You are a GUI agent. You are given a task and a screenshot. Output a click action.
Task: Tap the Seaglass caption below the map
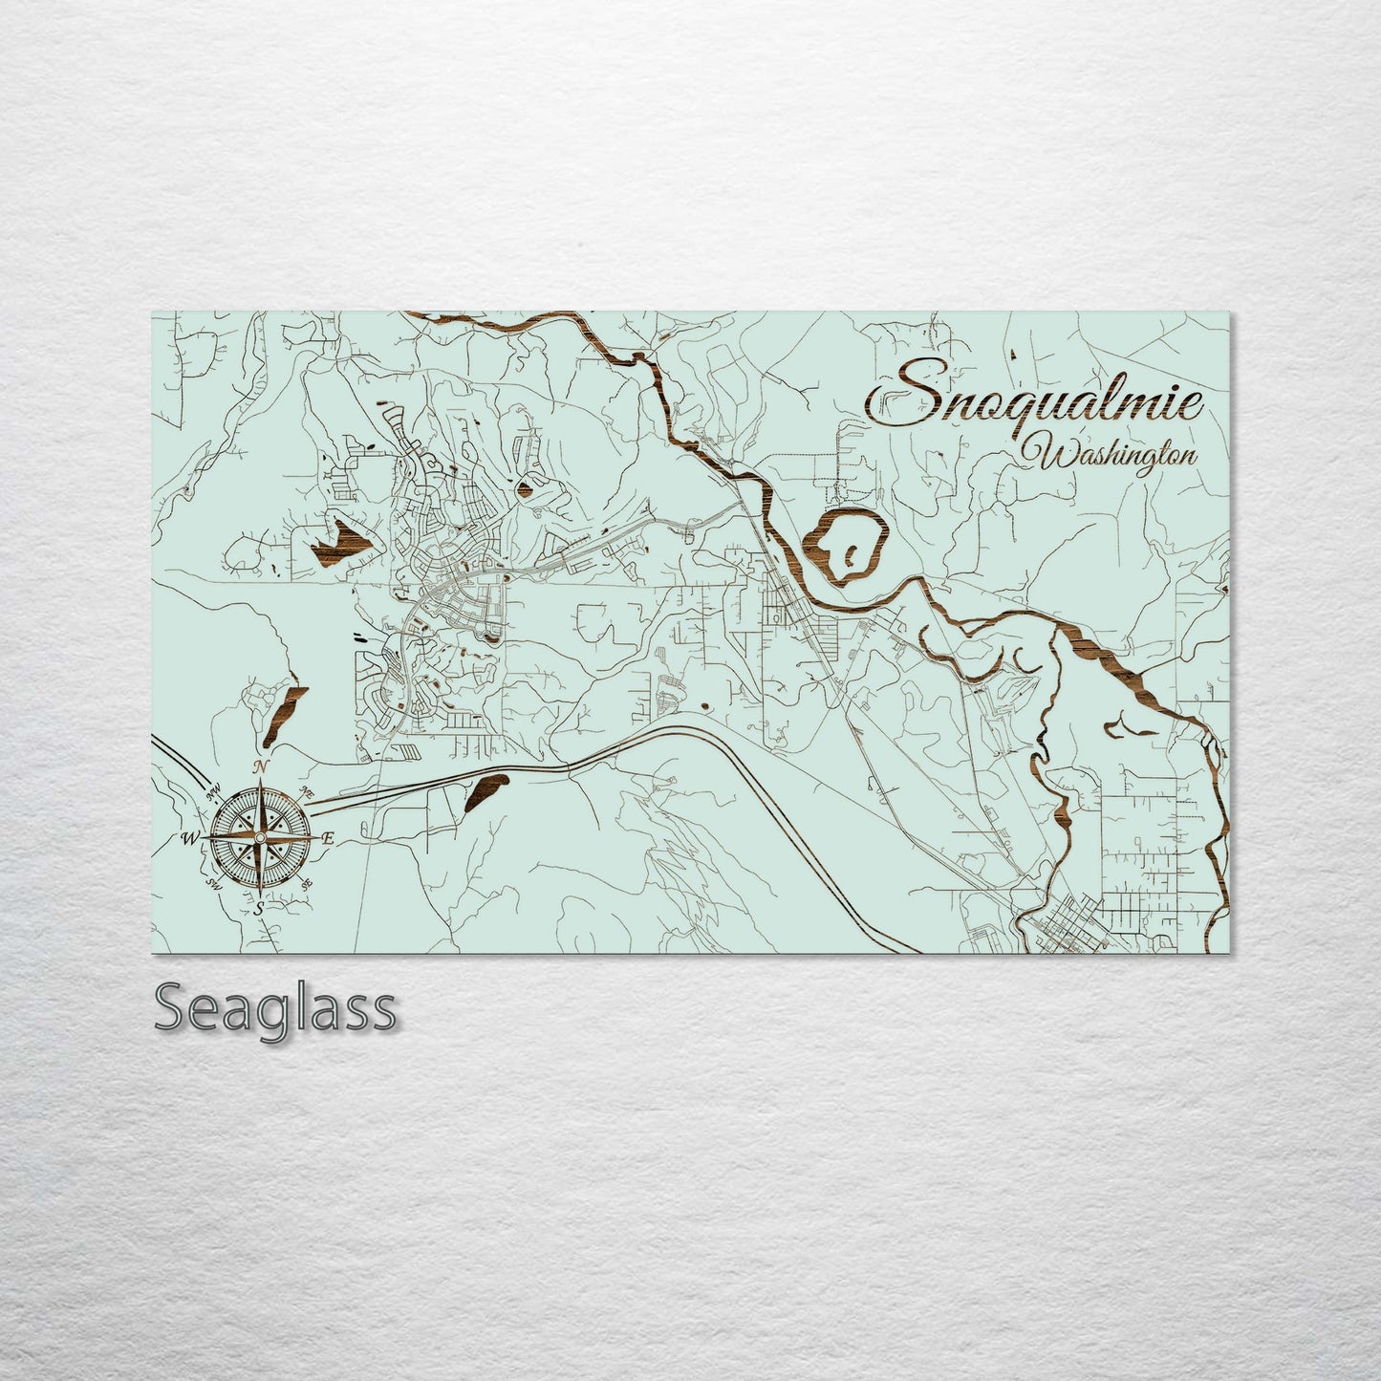[274, 1009]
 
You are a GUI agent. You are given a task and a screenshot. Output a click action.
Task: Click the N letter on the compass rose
[258, 767]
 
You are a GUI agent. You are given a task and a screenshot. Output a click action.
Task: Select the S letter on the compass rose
[258, 909]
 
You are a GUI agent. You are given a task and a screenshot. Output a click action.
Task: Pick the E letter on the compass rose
[327, 839]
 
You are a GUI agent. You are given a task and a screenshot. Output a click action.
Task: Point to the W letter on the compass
[187, 839]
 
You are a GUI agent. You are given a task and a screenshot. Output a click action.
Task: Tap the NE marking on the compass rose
[306, 793]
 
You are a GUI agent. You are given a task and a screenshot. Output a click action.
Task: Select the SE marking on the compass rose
[307, 886]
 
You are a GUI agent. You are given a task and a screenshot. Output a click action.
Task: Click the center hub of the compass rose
[258, 838]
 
